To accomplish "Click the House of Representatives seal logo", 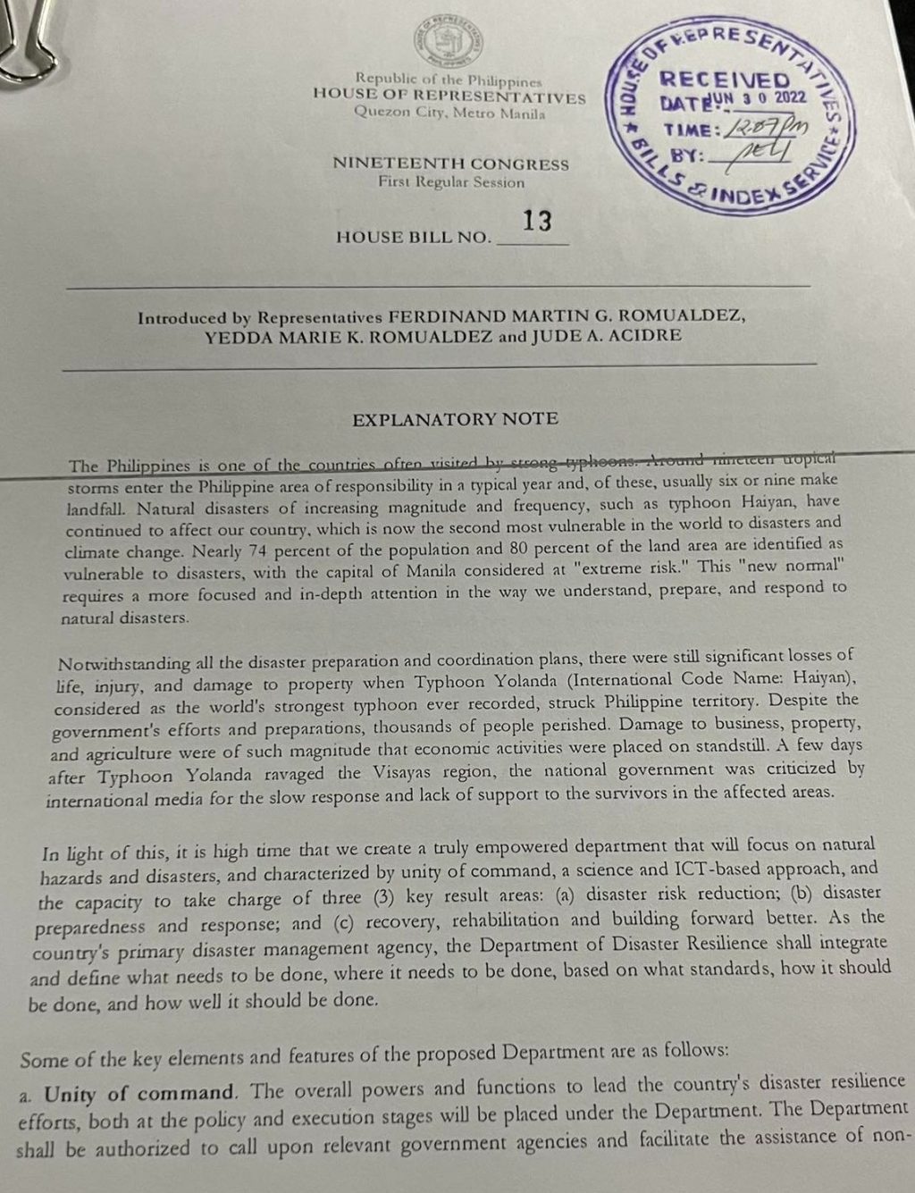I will pos(449,42).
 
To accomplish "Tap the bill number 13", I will pos(537,221).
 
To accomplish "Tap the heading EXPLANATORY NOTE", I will pos(455,418).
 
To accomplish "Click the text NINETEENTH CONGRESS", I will pos(450,164).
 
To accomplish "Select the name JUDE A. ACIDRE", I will pos(605,336).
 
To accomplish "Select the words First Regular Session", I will pos(451,182).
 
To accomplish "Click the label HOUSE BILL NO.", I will pos(414,237).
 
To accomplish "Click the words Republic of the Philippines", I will pos(449,80).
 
